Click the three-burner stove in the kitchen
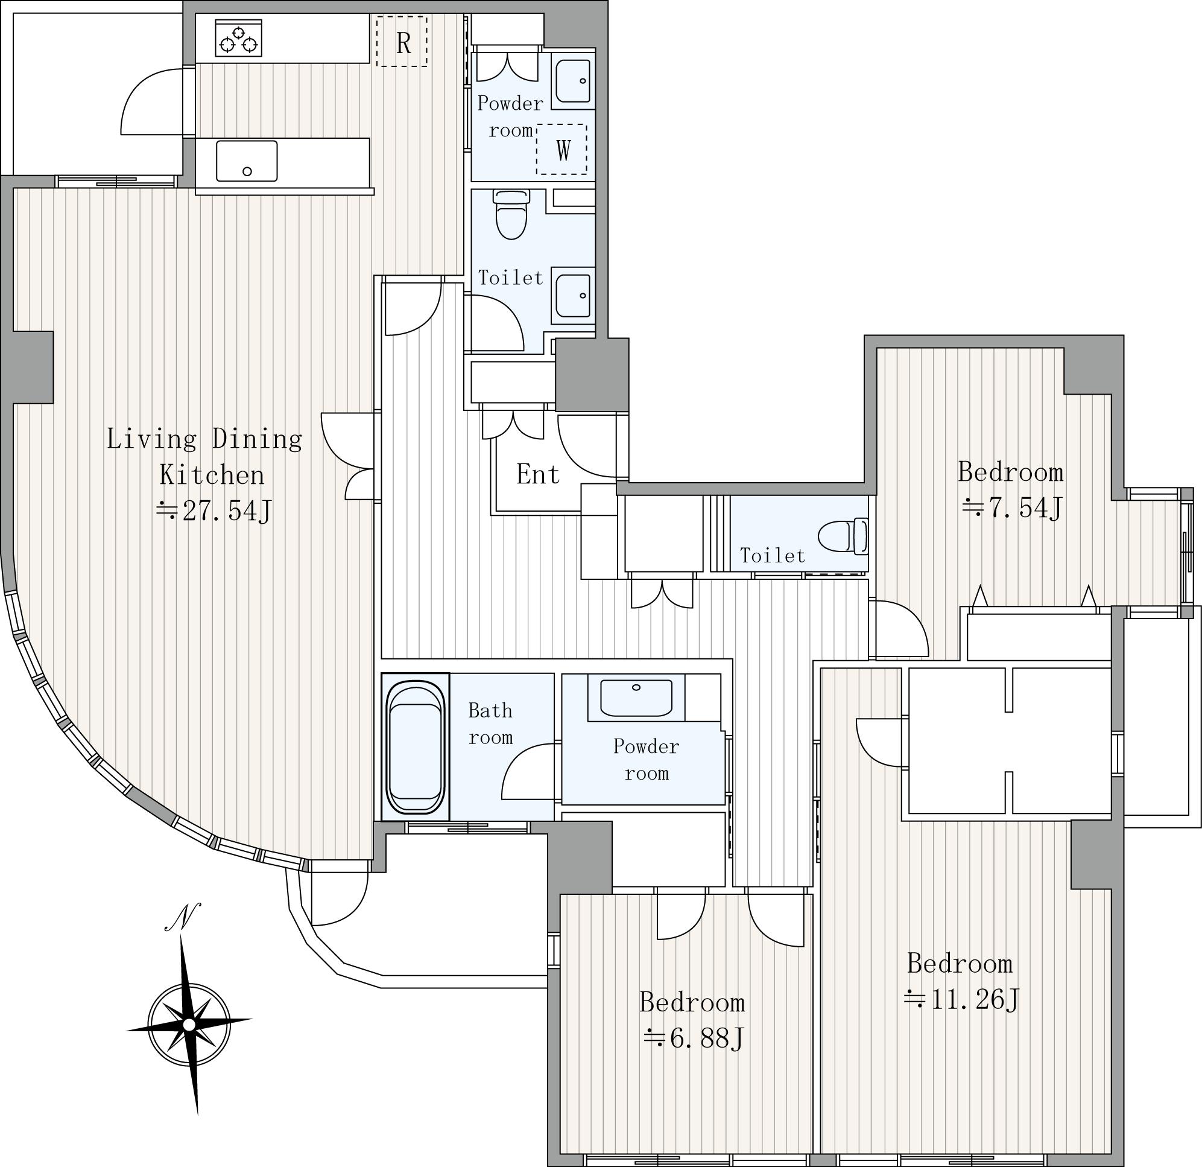239,37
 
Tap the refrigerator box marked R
402,40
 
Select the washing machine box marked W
561,149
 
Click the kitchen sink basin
247,161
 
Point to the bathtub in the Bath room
415,746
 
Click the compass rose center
189,1025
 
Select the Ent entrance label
538,474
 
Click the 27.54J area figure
214,510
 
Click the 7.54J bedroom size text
1013,508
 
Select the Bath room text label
490,724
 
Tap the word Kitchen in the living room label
212,475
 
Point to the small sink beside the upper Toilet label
573,295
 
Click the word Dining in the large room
257,439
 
